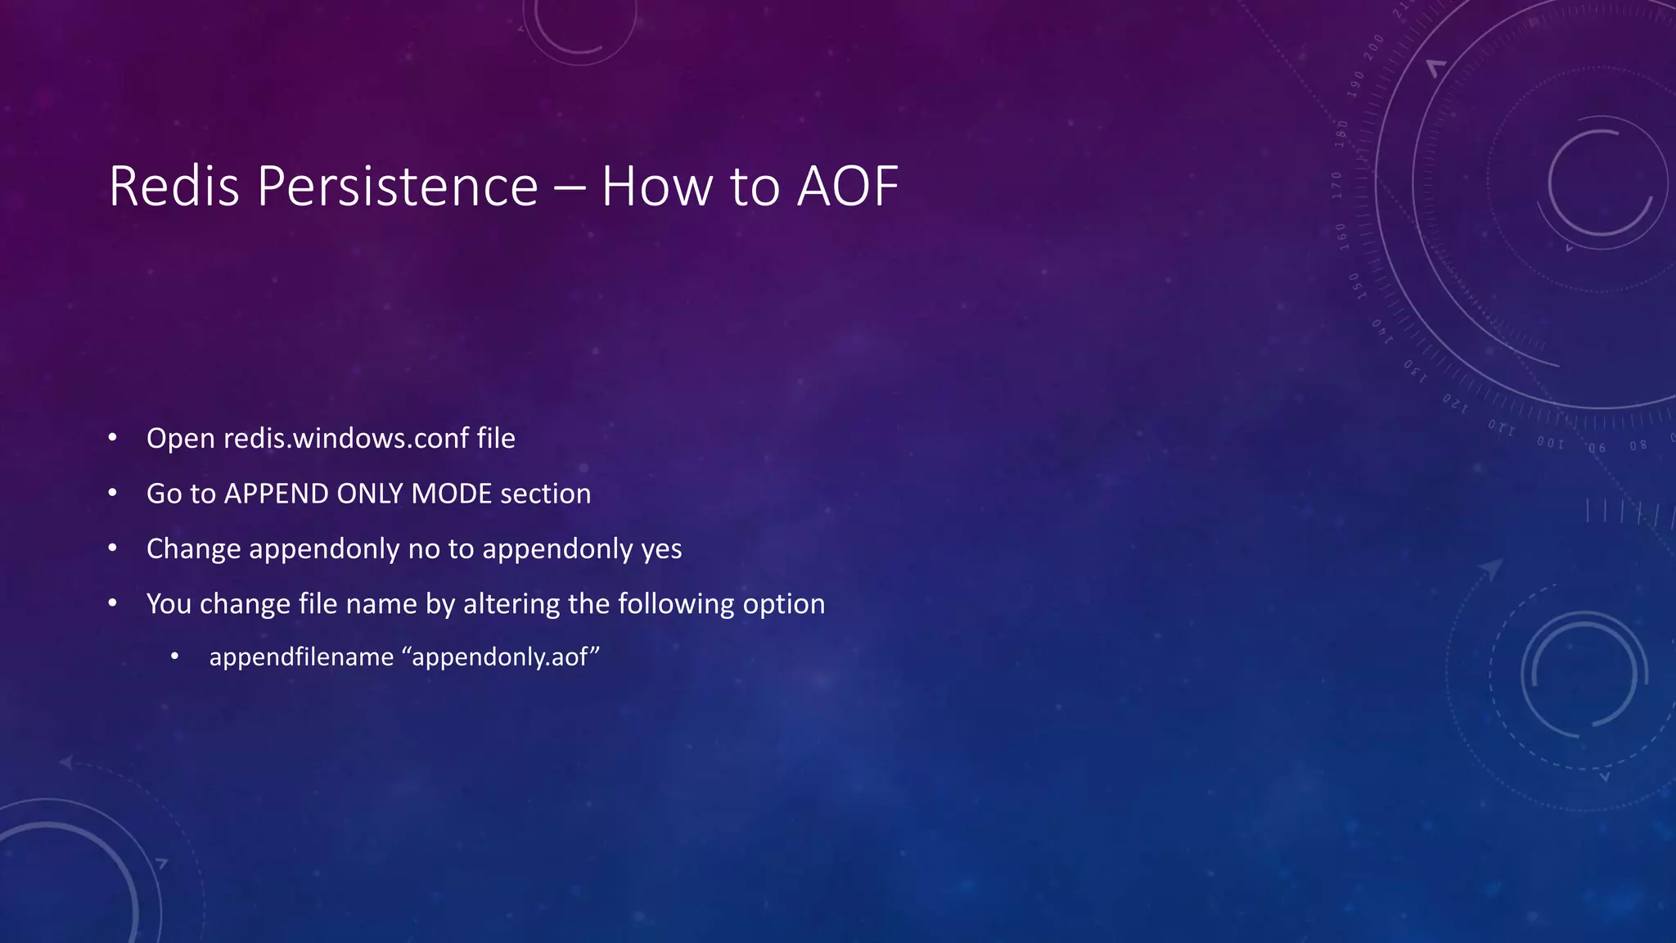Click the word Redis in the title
coord(173,187)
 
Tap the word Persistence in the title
coord(398,187)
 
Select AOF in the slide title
coord(848,187)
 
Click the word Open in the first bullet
coord(180,439)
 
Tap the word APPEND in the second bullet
coord(275,494)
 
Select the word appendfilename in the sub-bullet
coord(301,657)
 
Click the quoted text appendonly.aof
coord(501,657)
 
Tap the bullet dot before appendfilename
coord(174,656)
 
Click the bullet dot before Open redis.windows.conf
coord(113,438)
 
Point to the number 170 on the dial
coord(1337,186)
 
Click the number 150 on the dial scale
coord(1354,287)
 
